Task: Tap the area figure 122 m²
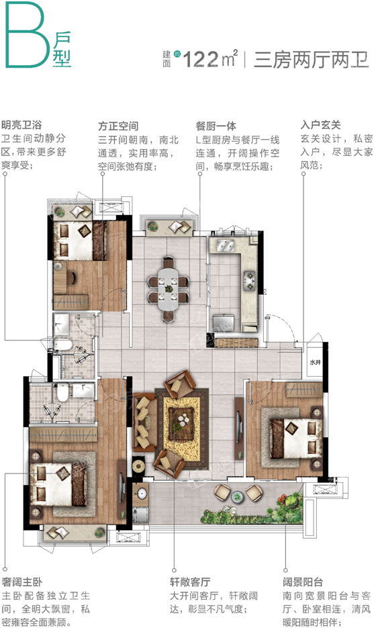tap(212, 59)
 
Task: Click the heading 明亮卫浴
tap(22, 125)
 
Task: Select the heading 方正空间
tap(118, 125)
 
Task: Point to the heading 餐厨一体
tap(216, 125)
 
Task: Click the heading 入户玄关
tap(321, 125)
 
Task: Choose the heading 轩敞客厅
tap(191, 580)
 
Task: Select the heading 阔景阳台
tap(303, 580)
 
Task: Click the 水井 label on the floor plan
tap(316, 361)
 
